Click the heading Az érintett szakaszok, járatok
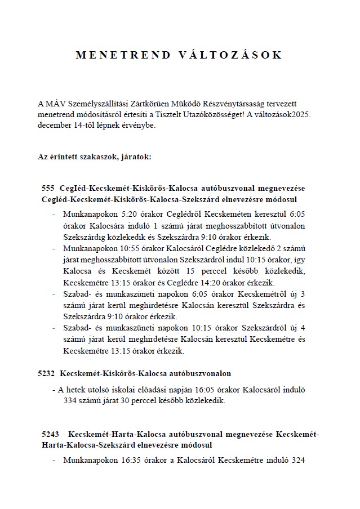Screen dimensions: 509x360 (x=95, y=156)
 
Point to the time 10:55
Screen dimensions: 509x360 (x=126, y=248)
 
